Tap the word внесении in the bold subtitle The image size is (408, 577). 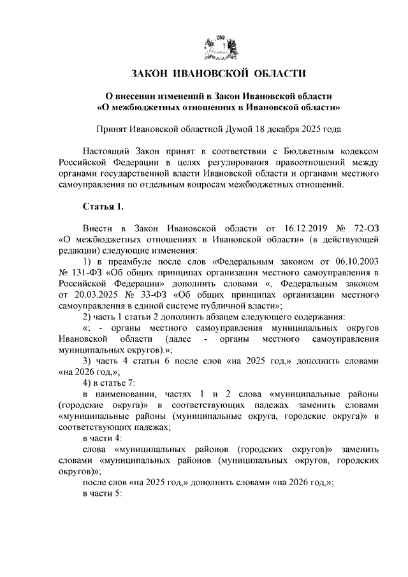click(x=135, y=95)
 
